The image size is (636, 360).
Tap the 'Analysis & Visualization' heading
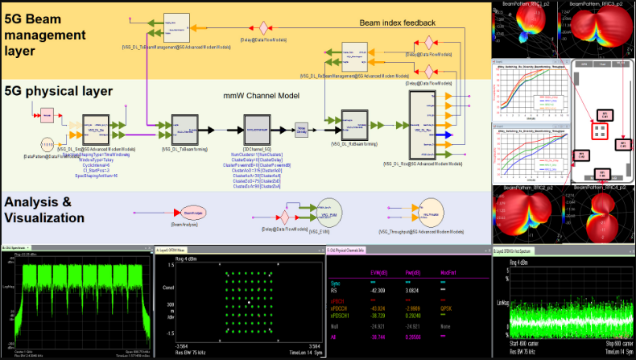[x=54, y=209]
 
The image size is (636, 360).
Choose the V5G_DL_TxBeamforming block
[x=184, y=126]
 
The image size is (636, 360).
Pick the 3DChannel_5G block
[x=262, y=126]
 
